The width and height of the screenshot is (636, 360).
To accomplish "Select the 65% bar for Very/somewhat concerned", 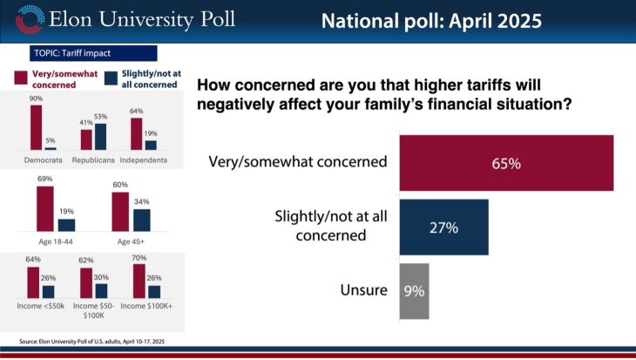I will pyautogui.click(x=505, y=162).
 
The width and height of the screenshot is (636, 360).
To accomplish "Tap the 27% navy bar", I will pyautogui.click(x=443, y=227).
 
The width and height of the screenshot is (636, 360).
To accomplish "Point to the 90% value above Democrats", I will pyautogui.click(x=37, y=99).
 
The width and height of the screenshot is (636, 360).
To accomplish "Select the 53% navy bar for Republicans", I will pyautogui.click(x=100, y=137).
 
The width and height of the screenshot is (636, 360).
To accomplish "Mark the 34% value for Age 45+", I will pyautogui.click(x=141, y=203).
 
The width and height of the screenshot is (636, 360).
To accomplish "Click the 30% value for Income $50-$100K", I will pyautogui.click(x=101, y=277).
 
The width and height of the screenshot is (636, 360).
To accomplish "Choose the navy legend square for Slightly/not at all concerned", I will pyautogui.click(x=110, y=78).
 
